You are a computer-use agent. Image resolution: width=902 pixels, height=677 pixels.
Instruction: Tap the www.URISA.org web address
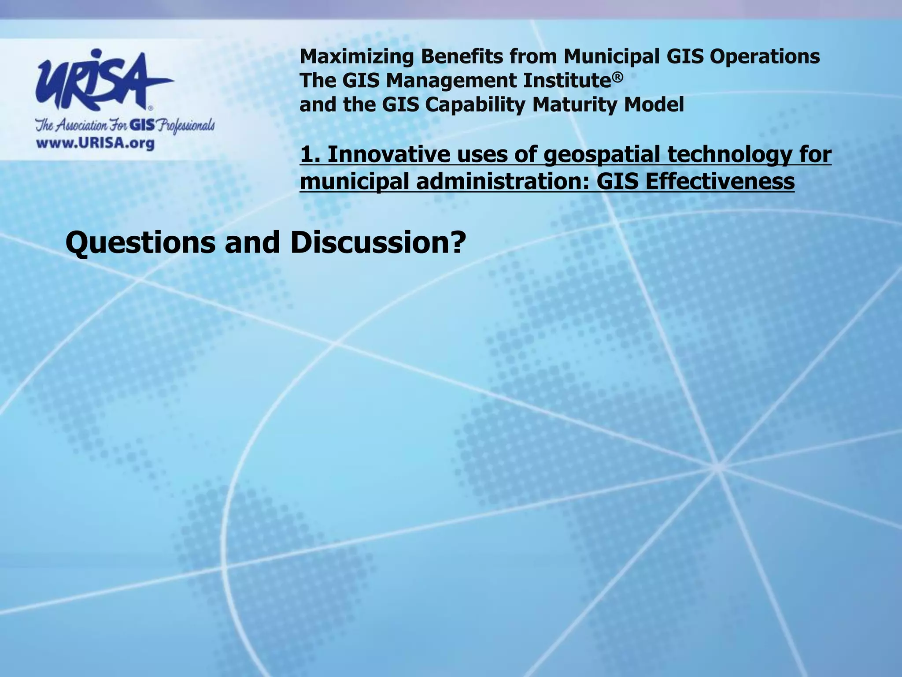[95, 144]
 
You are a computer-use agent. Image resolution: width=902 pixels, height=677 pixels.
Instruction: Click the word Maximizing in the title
[356, 56]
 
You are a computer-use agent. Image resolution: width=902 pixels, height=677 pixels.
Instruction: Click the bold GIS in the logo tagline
[142, 126]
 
